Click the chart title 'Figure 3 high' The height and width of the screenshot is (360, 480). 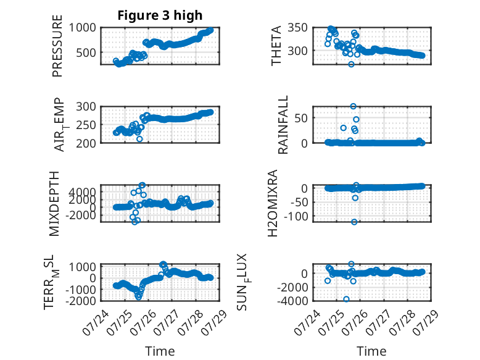(160, 15)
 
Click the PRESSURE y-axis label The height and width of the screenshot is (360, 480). (57, 46)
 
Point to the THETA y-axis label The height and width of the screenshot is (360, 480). (276, 46)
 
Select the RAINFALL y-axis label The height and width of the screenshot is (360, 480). (283, 125)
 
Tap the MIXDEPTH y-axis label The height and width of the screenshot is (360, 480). (54, 204)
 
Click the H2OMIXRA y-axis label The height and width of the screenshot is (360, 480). (272, 203)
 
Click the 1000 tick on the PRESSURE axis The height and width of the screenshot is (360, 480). (82, 28)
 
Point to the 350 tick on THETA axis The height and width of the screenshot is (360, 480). (297, 28)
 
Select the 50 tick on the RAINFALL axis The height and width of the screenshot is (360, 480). (301, 118)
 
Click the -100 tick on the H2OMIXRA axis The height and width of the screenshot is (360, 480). (296, 216)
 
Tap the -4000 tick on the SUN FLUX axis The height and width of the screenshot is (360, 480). (292, 301)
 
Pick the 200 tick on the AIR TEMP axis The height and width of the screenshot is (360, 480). (86, 143)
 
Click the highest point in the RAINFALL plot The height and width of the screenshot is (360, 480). (354, 106)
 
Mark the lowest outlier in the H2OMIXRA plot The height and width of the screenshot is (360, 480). (354, 222)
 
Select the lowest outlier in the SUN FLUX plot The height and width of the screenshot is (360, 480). (346, 299)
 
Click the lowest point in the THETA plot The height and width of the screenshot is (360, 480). (352, 64)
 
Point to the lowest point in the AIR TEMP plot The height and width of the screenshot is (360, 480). (139, 139)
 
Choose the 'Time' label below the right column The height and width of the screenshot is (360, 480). (371, 351)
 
